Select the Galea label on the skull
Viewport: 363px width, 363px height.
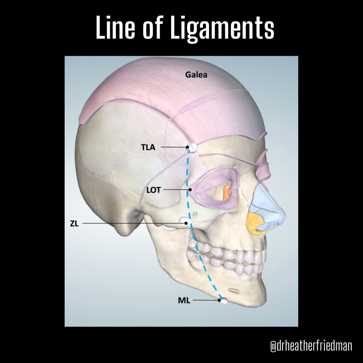pos(196,75)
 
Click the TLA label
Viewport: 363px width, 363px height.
pos(148,147)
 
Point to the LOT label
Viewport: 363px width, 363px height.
pos(154,190)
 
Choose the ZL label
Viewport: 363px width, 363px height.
pos(74,224)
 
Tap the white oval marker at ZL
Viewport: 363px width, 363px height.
pos(186,222)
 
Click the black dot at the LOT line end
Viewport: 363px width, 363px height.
pos(190,190)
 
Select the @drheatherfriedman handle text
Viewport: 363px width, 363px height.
pos(311,346)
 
